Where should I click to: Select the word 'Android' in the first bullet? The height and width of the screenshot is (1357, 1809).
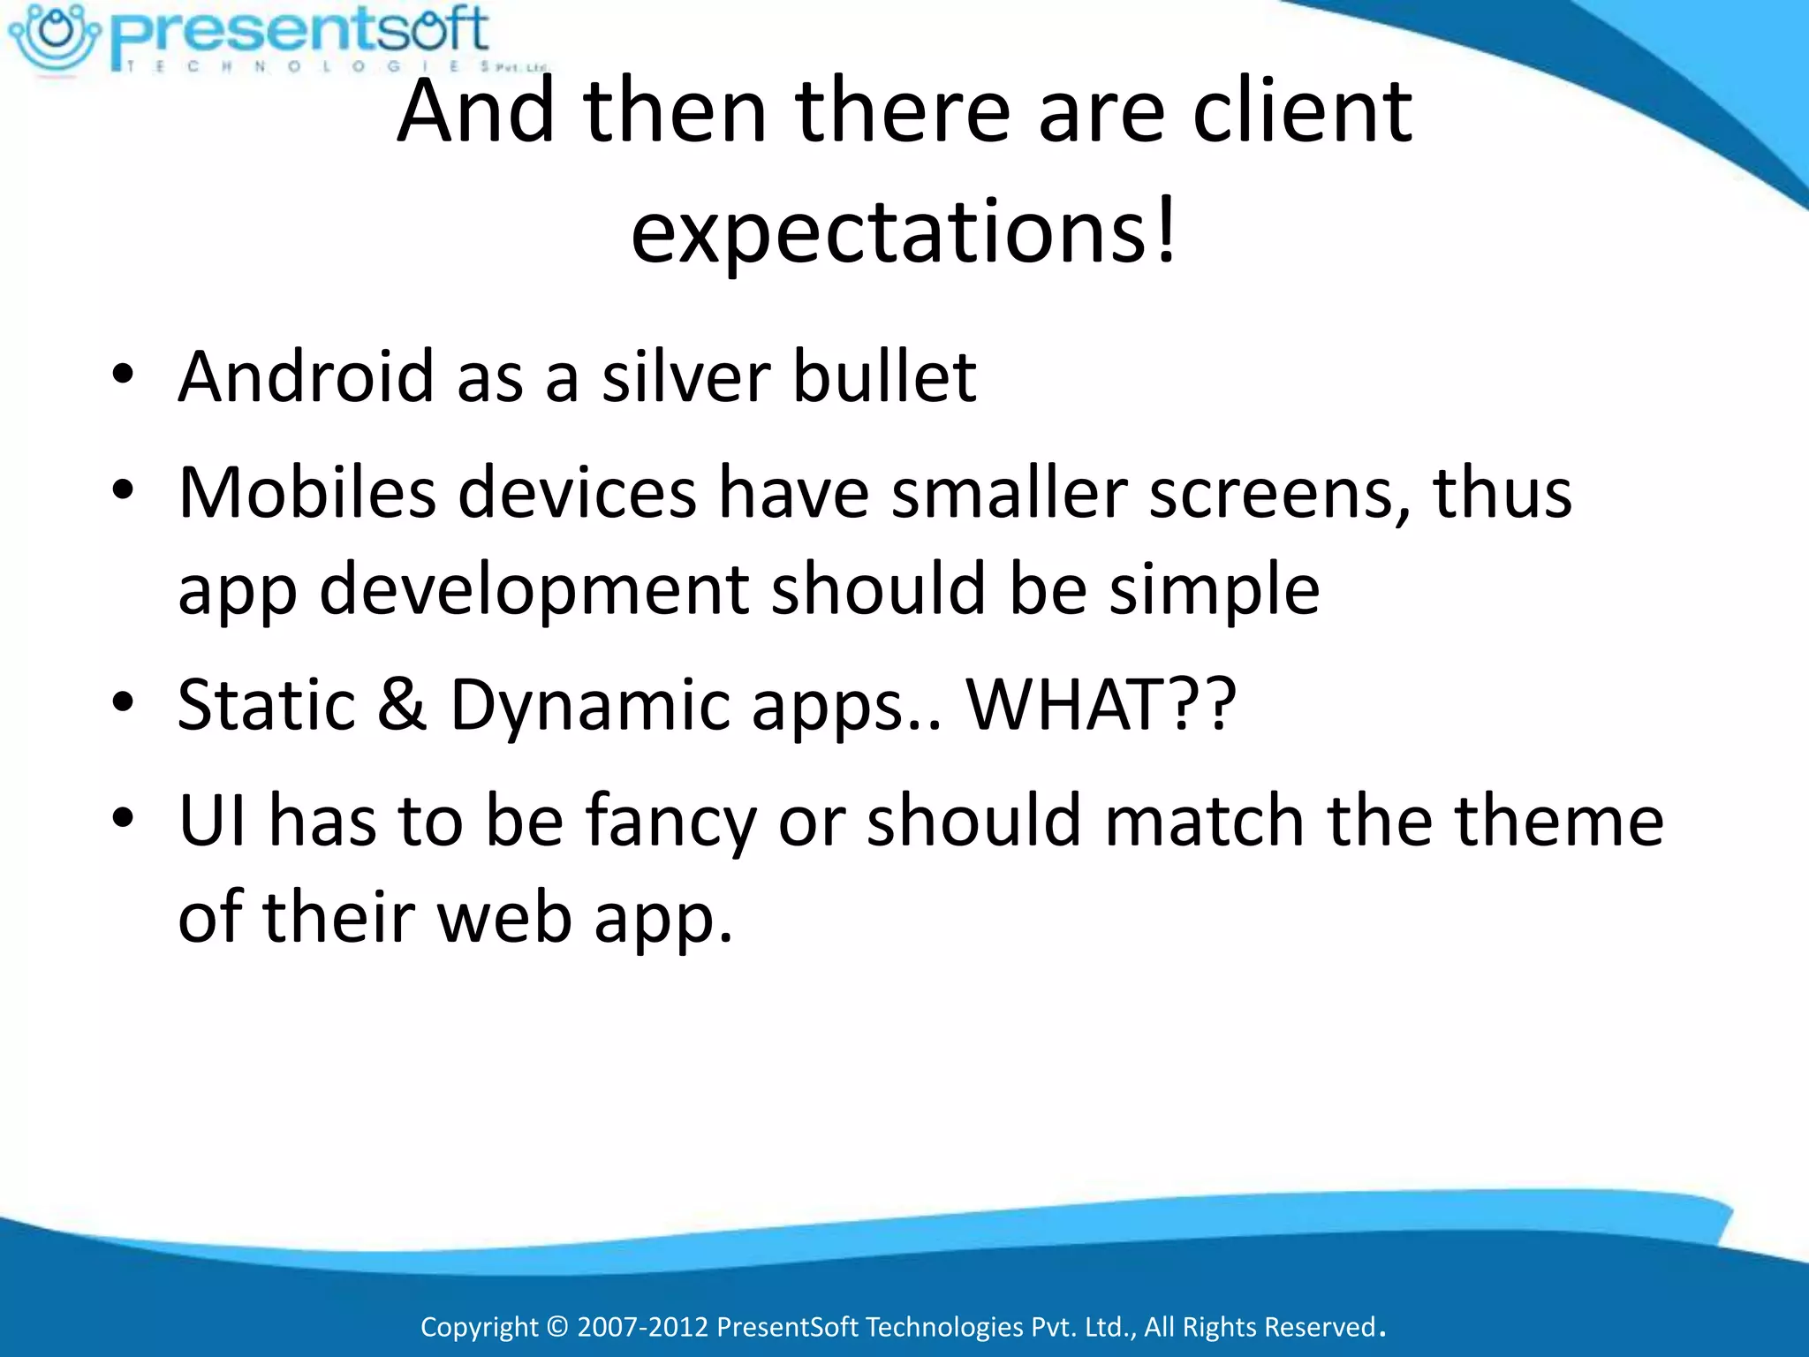click(306, 376)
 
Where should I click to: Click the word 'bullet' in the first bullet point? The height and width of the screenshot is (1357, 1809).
click(884, 376)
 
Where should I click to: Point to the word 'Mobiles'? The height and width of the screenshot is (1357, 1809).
click(307, 492)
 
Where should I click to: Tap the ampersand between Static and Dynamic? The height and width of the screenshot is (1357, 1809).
click(402, 704)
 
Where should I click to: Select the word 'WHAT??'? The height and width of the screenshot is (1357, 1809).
click(1101, 704)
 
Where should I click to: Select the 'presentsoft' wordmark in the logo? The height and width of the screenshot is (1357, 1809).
click(300, 30)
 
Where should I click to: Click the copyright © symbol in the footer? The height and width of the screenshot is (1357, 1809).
click(556, 1327)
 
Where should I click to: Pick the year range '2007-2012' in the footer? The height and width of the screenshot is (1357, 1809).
click(643, 1327)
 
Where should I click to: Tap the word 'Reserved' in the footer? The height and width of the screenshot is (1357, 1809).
click(1321, 1327)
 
